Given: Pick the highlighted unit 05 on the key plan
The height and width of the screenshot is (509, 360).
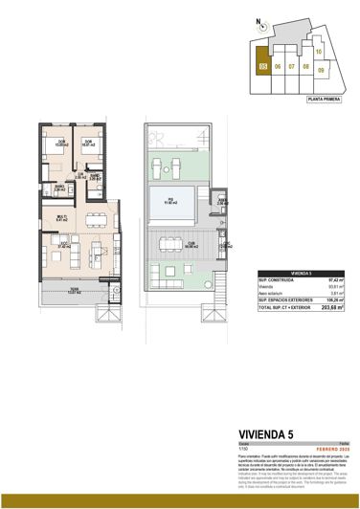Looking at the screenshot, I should pos(262,67).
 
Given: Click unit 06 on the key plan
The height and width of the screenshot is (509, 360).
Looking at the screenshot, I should pos(277,68).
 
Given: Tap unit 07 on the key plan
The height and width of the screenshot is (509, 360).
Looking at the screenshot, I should pos(291,68).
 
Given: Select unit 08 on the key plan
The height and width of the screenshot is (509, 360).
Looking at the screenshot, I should pos(305,68).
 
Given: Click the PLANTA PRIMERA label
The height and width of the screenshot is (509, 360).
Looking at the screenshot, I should pos(324,98).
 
